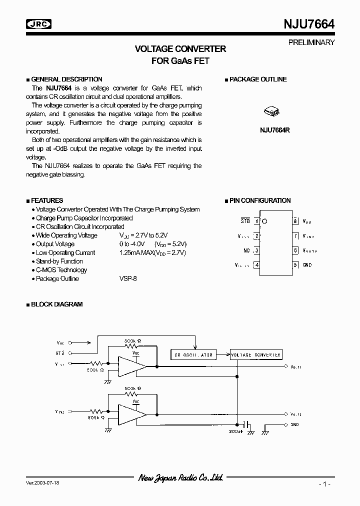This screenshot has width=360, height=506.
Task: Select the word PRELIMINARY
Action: (311, 42)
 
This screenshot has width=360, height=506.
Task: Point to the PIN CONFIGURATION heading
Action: (259, 200)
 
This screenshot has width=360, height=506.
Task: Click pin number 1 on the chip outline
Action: (257, 220)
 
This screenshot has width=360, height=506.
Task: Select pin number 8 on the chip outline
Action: (295, 220)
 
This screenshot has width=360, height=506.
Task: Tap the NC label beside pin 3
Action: (246, 250)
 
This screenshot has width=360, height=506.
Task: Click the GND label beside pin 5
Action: (307, 265)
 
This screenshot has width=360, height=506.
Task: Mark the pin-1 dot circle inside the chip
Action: (264, 220)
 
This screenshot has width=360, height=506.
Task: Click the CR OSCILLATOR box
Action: (193, 355)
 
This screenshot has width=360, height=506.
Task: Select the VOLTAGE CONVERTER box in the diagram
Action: (256, 354)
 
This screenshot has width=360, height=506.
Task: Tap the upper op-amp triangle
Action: (131, 366)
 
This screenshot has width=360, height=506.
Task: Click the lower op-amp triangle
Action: (131, 414)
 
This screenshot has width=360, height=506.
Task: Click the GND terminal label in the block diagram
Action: (295, 424)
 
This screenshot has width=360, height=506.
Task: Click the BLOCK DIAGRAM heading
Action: (56, 304)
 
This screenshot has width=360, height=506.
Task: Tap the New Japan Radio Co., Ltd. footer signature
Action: (180, 478)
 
